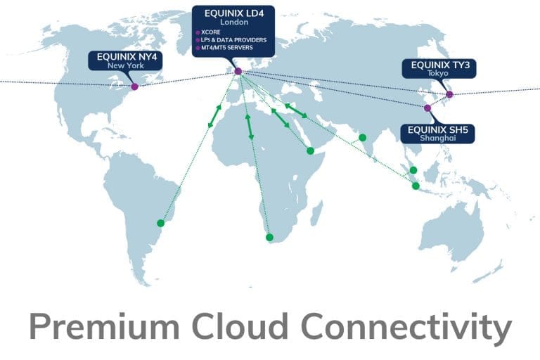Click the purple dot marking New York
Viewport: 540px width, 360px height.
coord(135,86)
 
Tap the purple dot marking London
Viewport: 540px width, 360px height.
coord(238,71)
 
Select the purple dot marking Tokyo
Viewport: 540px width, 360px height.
coord(449,94)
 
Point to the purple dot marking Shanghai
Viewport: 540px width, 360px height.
coord(427,108)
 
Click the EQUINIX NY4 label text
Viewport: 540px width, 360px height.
coord(127,57)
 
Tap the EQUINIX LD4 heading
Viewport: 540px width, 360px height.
coord(234,13)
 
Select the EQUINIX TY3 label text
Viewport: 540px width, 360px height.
coord(440,65)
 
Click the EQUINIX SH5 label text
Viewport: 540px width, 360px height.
coord(438,130)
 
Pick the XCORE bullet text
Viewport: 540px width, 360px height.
coord(211,32)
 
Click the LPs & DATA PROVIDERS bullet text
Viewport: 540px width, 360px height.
coord(234,40)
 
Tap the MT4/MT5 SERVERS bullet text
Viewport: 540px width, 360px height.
coord(227,48)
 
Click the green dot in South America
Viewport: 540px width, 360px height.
coord(160,223)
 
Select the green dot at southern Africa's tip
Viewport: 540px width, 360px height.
coord(270,237)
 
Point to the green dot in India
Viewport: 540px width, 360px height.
coord(362,137)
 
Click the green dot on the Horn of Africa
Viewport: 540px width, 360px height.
coord(310,150)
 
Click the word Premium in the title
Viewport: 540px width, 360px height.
coord(104,326)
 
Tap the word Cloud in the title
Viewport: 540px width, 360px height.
coord(239,326)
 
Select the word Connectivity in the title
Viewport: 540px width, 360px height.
coord(406,328)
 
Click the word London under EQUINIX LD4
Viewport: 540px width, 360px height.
coord(234,22)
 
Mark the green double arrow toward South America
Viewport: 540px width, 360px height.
coord(214,116)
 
